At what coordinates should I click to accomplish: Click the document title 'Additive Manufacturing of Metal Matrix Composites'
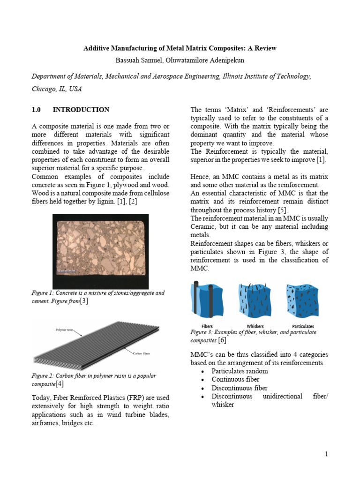(x=180, y=48)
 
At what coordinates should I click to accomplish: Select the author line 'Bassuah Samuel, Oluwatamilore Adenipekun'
(x=180, y=60)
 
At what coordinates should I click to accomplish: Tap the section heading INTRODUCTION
(x=81, y=110)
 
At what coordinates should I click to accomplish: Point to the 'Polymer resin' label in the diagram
(x=64, y=330)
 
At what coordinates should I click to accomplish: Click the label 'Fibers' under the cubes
(x=207, y=326)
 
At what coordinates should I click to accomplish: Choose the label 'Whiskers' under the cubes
(x=255, y=326)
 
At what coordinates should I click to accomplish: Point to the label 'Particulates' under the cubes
(x=303, y=326)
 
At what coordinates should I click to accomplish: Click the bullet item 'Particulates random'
(x=239, y=371)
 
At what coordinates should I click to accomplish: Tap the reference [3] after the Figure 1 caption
(x=84, y=301)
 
